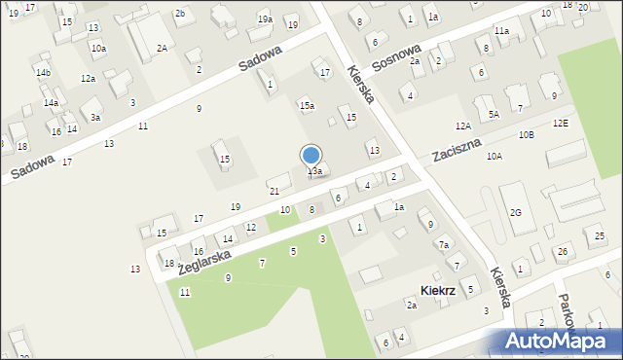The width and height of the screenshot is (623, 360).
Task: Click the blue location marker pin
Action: [311, 156]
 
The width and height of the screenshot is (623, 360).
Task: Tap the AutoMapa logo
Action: [560, 342]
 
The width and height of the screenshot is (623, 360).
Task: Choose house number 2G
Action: [516, 212]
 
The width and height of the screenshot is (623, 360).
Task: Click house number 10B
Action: [526, 134]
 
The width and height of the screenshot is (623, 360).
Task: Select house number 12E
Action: [560, 124]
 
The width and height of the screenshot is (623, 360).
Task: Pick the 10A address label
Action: [495, 156]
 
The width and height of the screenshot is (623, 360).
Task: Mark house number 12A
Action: [462, 126]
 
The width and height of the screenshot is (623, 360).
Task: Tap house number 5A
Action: [494, 114]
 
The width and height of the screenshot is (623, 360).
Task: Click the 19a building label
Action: [265, 19]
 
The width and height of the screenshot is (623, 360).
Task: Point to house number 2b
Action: [180, 13]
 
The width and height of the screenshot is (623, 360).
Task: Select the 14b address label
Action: [43, 72]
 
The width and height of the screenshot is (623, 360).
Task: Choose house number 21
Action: [275, 191]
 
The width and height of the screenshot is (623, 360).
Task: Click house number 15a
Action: [307, 105]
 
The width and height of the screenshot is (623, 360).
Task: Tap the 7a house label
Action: [443, 244]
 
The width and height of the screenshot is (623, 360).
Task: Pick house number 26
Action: [563, 252]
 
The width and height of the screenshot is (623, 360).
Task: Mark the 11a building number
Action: [500, 31]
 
